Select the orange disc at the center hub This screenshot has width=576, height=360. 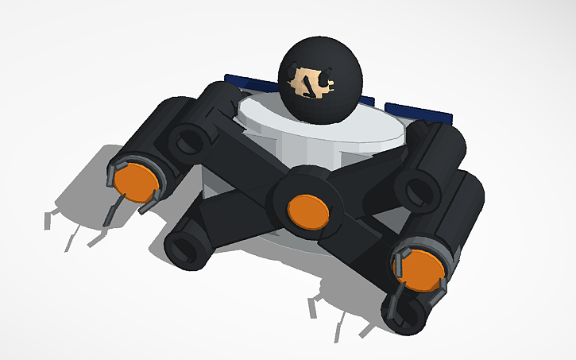tap(308, 212)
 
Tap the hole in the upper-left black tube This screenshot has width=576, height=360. tap(187, 141)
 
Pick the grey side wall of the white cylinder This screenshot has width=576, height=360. tap(238, 167)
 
